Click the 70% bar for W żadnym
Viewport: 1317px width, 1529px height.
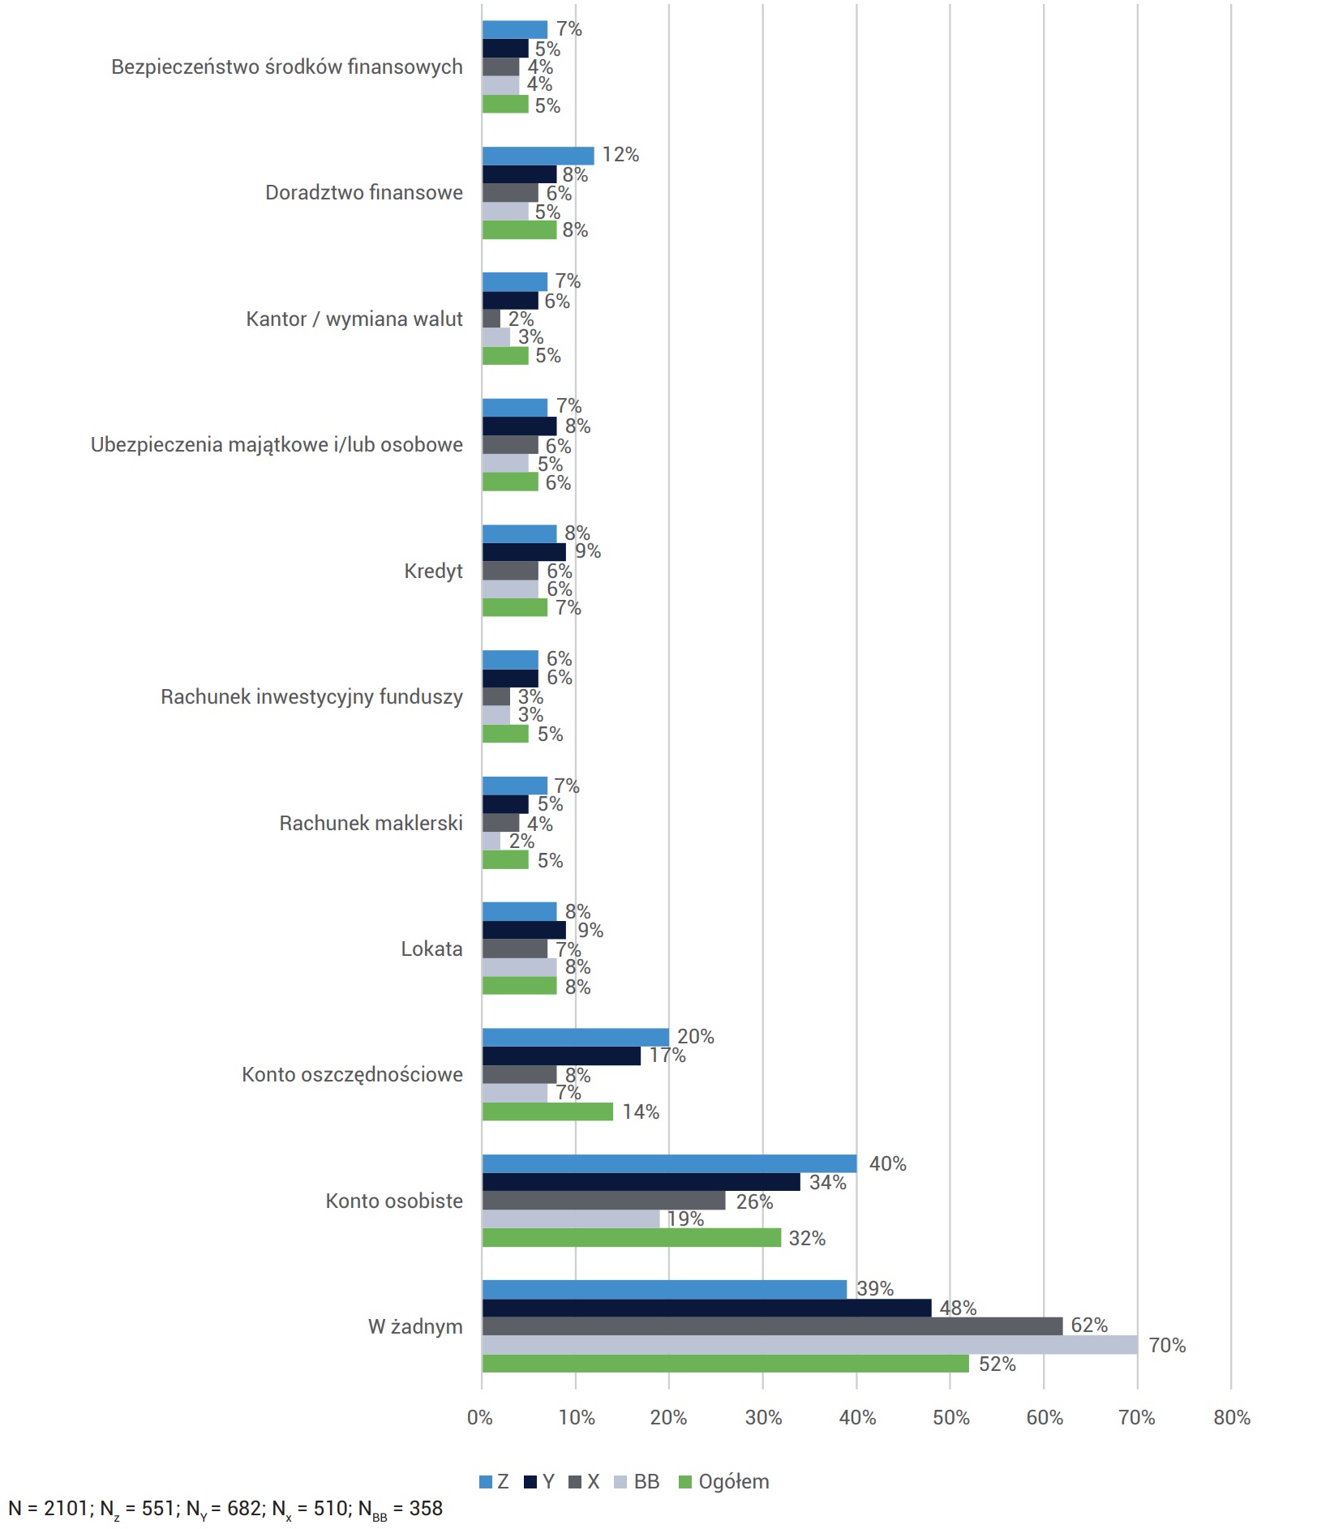tap(809, 1345)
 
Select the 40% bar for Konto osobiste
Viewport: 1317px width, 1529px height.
tap(669, 1163)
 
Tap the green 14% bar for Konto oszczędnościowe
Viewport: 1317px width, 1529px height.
tap(547, 1111)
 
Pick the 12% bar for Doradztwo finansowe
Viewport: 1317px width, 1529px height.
tap(538, 156)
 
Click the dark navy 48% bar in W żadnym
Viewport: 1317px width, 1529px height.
tap(706, 1308)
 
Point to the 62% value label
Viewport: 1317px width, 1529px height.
tap(1089, 1325)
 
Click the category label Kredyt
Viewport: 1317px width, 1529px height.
tap(433, 571)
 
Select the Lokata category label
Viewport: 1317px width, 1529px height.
tap(431, 949)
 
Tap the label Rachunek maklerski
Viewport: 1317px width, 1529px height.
tap(371, 823)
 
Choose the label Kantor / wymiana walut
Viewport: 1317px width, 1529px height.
tap(354, 319)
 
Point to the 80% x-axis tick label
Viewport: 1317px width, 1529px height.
tap(1231, 1417)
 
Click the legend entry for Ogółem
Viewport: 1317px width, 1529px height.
tap(723, 1482)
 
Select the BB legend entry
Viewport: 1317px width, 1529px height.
tap(637, 1482)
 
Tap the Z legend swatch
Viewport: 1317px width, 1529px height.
tap(486, 1482)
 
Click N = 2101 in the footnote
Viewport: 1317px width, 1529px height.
tap(48, 1508)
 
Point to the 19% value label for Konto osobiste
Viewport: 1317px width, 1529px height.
tap(685, 1218)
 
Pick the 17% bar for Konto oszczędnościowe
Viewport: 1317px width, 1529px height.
tap(561, 1056)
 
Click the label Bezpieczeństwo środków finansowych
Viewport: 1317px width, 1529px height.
tap(287, 66)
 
